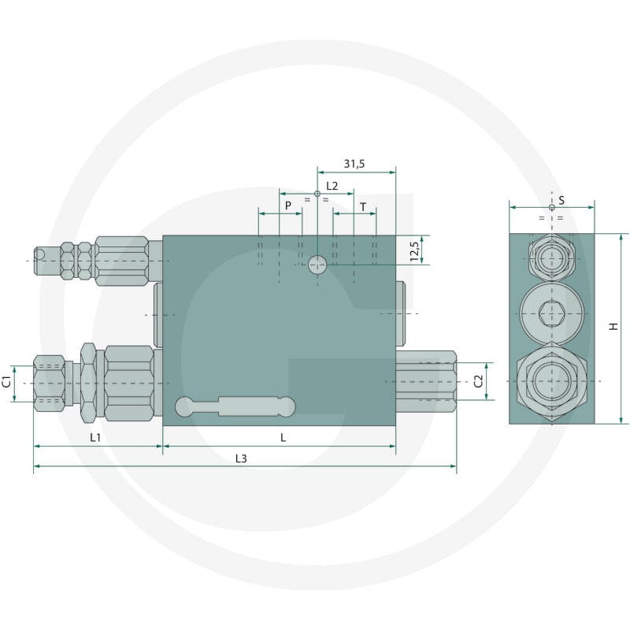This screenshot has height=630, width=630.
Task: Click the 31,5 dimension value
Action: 354,164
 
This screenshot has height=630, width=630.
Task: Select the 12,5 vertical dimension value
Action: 415,250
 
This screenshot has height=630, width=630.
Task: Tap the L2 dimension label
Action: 332,186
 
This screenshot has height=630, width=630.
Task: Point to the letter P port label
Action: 288,206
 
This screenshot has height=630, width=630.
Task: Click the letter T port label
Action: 363,207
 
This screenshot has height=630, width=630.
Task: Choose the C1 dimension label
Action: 7,382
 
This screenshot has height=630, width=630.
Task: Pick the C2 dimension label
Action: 478,381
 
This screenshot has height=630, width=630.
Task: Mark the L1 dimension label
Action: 95,438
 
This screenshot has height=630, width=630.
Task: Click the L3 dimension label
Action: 241,458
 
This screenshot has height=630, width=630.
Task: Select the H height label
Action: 613,326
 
